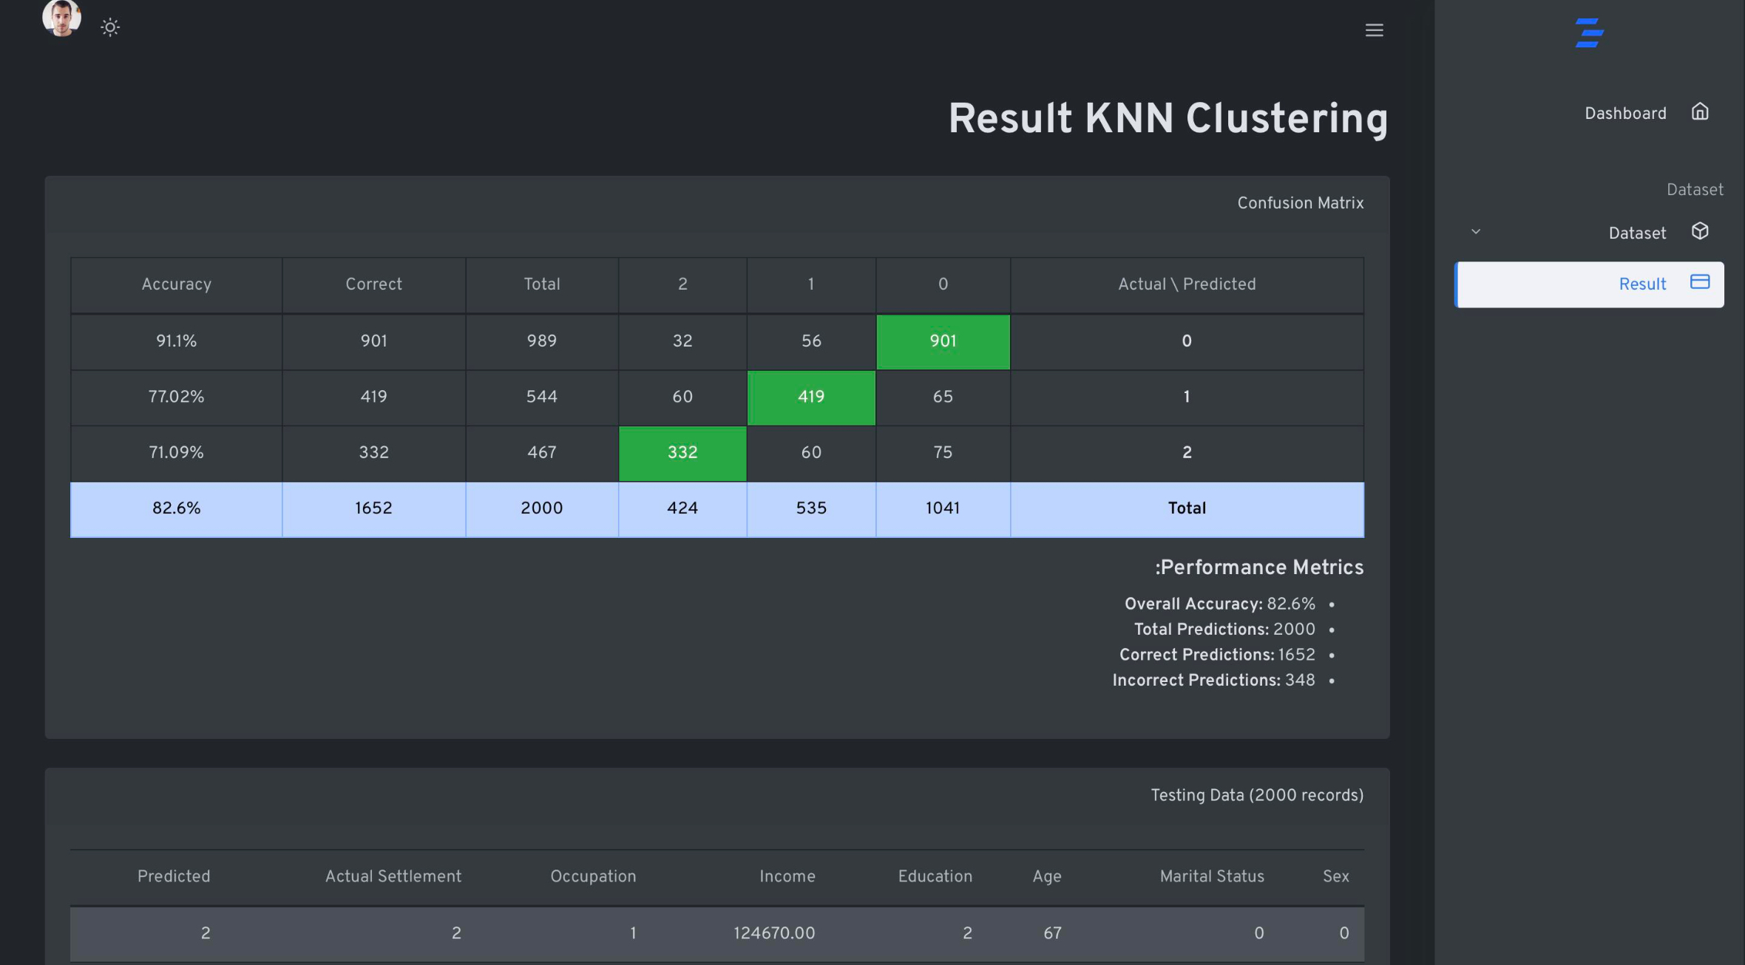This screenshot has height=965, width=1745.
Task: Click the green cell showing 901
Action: click(943, 341)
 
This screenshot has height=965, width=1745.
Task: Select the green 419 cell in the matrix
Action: click(811, 397)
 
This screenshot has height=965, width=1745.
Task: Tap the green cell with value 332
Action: click(682, 452)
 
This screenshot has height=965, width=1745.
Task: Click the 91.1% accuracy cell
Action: click(176, 341)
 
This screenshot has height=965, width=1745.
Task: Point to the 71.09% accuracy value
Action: click(176, 452)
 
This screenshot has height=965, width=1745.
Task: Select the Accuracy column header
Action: click(176, 284)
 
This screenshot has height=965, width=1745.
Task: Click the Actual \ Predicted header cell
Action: click(1187, 284)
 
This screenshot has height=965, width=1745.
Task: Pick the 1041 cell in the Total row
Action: click(943, 508)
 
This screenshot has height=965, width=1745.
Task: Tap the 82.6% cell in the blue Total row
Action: click(176, 508)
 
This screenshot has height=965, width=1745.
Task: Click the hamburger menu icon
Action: click(1374, 30)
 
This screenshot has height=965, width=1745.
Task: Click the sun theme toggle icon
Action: click(110, 28)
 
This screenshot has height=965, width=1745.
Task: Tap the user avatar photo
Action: click(61, 18)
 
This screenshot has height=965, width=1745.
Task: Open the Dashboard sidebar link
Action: click(1625, 113)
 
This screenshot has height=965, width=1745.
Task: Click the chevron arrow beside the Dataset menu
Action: click(1476, 232)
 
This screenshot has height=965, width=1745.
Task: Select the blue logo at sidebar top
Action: click(1589, 33)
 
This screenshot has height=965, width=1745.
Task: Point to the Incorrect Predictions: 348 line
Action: click(1213, 681)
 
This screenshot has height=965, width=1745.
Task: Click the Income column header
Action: click(787, 876)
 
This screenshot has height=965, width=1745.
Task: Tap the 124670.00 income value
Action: click(773, 933)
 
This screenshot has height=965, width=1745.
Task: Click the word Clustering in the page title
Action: click(1287, 118)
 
